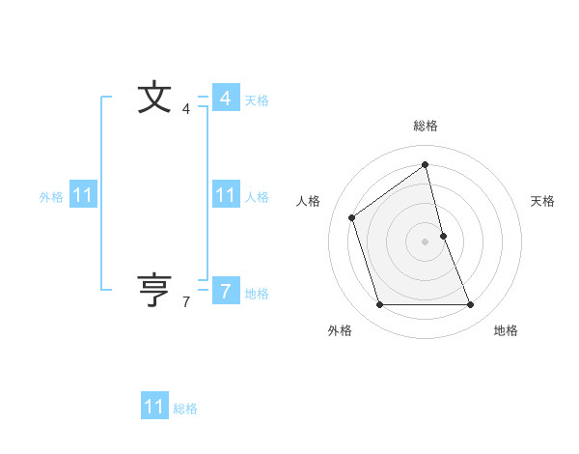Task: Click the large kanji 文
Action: (x=154, y=99)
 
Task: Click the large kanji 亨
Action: (x=154, y=290)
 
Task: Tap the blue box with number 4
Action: (x=225, y=99)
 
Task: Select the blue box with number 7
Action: (x=225, y=290)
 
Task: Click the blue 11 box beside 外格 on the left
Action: (x=83, y=195)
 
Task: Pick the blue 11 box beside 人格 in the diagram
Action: (x=225, y=195)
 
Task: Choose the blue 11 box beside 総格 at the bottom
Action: (x=154, y=407)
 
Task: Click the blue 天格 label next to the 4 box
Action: (x=257, y=100)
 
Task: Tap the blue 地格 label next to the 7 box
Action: (x=257, y=294)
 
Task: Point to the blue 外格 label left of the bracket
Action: (x=51, y=197)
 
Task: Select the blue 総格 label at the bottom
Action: (x=185, y=409)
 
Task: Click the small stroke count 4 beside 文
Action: (x=186, y=110)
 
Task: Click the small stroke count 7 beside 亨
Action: (x=186, y=302)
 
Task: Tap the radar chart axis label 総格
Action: (x=426, y=126)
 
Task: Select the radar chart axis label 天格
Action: (x=542, y=201)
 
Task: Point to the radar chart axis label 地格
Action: (x=506, y=330)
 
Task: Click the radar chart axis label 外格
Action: (x=340, y=330)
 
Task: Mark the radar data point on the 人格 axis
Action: (x=352, y=217)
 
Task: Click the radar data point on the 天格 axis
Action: (x=443, y=236)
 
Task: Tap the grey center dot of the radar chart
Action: (x=425, y=241)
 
